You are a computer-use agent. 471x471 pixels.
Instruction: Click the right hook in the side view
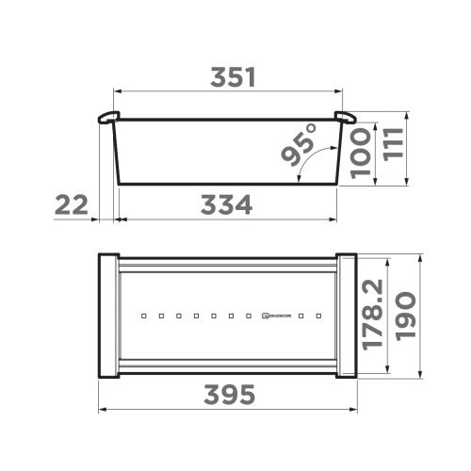pyautogui.click(x=345, y=118)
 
